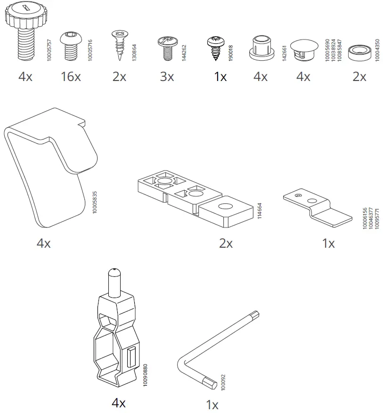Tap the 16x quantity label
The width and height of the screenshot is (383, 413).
pyautogui.click(x=71, y=76)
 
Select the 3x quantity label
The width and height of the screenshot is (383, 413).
pyautogui.click(x=167, y=76)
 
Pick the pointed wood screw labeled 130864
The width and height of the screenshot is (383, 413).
pyautogui.click(x=119, y=46)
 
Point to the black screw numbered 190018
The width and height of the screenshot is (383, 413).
pyautogui.click(x=217, y=48)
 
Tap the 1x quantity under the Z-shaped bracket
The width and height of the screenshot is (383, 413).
pyautogui.click(x=328, y=243)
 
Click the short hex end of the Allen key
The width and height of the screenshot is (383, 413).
pyautogui.click(x=207, y=382)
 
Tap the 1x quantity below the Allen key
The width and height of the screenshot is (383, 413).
pyautogui.click(x=212, y=405)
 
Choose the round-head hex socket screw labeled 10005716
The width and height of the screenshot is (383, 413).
pyautogui.click(x=71, y=46)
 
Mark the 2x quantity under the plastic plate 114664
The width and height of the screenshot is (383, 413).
pyautogui.click(x=226, y=243)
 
